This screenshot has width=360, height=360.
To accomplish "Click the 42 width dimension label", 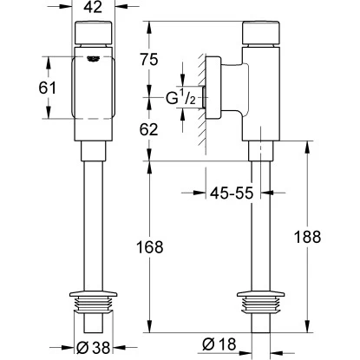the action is [x=93, y=7].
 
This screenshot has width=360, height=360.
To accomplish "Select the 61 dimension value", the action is [x=47, y=88].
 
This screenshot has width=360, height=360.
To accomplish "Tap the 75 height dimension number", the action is [x=149, y=60].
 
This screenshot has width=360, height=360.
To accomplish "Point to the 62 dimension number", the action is [x=149, y=129].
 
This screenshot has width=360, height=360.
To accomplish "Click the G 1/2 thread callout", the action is [x=180, y=98].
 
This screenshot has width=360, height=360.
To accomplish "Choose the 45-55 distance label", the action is [x=232, y=193].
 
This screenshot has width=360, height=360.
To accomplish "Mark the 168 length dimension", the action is [x=150, y=247].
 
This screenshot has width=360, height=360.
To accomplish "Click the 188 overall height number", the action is [x=307, y=237].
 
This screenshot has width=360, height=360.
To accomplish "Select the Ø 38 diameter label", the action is [x=94, y=347].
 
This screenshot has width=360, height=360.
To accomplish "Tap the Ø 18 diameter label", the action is [x=219, y=344].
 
